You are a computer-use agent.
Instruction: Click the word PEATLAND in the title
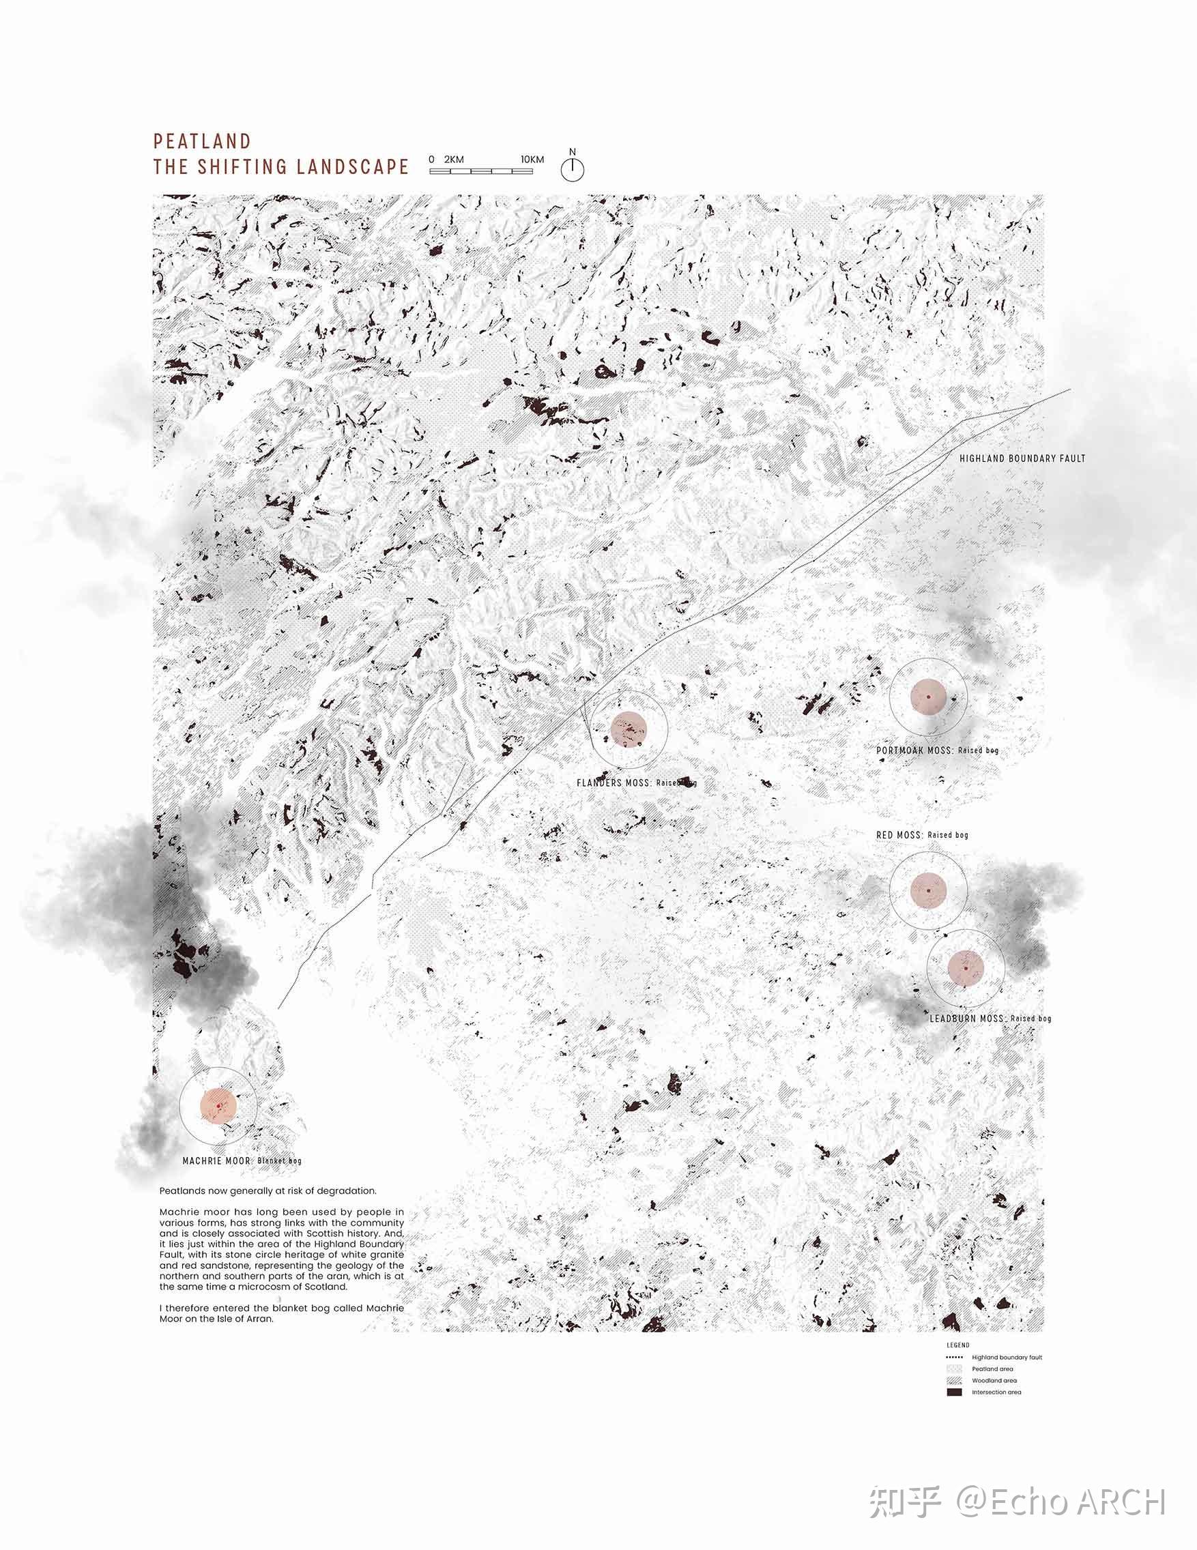coord(202,141)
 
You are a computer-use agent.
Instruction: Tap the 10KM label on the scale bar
coord(532,160)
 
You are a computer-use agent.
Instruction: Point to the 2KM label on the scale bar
coord(454,160)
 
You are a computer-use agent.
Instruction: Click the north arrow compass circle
coord(573,171)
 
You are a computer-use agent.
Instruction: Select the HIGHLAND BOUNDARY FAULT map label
coord(1022,458)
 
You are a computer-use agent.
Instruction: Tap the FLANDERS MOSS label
coord(614,783)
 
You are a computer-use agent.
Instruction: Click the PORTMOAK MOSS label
coord(914,750)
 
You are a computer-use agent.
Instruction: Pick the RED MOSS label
coord(899,835)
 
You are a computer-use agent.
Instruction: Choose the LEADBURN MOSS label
coord(967,1019)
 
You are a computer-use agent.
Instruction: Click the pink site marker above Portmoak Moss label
coord(928,697)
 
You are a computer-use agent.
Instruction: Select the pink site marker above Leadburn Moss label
coord(966,968)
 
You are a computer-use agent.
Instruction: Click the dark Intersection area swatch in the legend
coord(955,1392)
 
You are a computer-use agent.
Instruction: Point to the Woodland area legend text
coord(994,1380)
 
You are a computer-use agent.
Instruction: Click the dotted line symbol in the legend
coord(955,1357)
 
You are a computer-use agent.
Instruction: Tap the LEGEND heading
coord(957,1345)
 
